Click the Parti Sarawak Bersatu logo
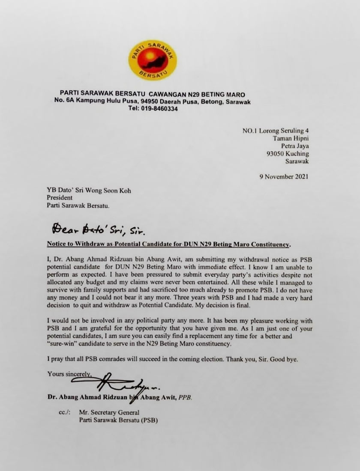click(x=153, y=60)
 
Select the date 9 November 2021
click(x=280, y=176)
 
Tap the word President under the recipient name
click(x=60, y=198)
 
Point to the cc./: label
click(x=65, y=412)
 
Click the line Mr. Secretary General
click(x=109, y=412)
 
